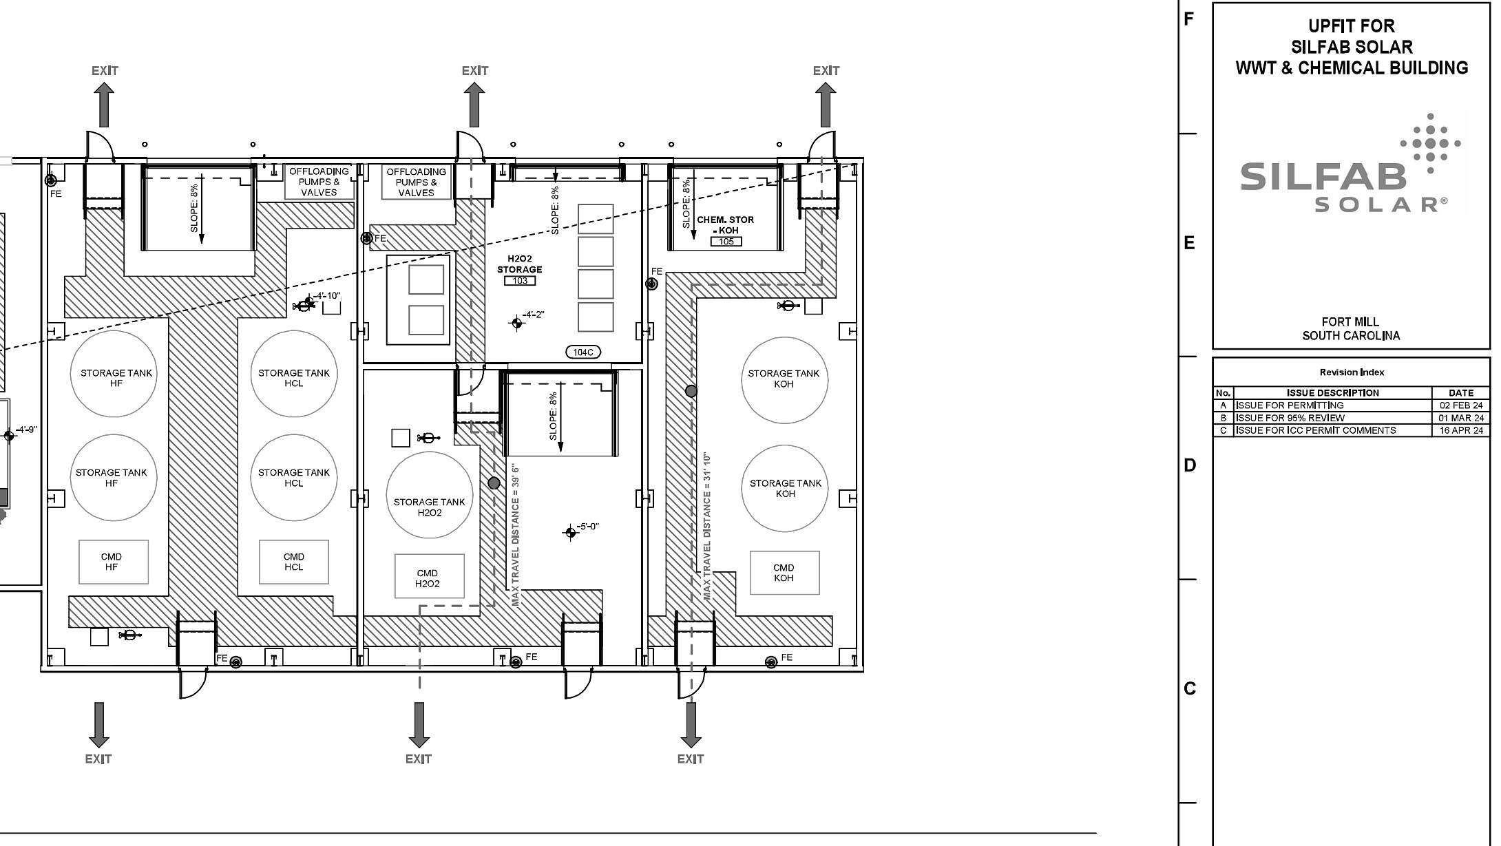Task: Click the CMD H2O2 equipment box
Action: tap(429, 576)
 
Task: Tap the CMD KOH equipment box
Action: tap(784, 572)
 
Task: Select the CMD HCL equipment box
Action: tap(294, 562)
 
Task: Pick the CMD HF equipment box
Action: tap(114, 562)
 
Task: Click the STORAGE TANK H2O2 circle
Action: tap(429, 494)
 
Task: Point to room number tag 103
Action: tap(520, 281)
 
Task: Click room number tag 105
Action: tap(726, 242)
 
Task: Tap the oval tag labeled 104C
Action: tap(582, 352)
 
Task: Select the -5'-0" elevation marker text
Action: tap(587, 527)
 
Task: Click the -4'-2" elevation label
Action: tap(533, 315)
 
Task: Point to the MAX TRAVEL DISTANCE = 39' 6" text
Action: tap(516, 535)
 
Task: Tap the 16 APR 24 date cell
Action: tap(1461, 430)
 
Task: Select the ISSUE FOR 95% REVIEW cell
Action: tap(1290, 418)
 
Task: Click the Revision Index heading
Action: tap(1352, 372)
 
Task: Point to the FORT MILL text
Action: tap(1350, 321)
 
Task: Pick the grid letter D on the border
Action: tap(1190, 465)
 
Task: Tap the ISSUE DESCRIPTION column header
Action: tap(1333, 393)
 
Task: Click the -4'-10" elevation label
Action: tap(327, 296)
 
